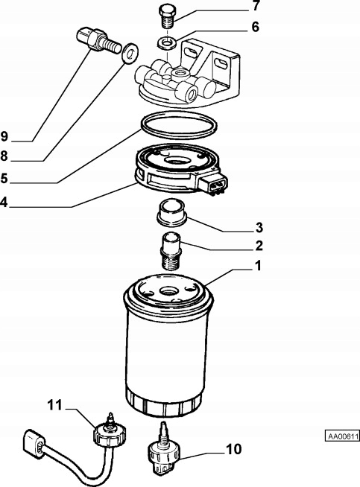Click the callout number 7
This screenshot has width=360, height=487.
[x=256, y=6]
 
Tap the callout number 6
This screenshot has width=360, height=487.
[x=255, y=27]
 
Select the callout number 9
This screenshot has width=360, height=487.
[x=4, y=136]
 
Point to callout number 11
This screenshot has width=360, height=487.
[x=55, y=405]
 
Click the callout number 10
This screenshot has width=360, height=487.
[x=234, y=449]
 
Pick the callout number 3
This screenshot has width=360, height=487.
[x=259, y=228]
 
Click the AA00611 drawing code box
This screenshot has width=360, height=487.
[x=342, y=436]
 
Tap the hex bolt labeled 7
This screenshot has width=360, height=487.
[x=168, y=16]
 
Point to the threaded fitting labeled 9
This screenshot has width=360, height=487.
[x=98, y=40]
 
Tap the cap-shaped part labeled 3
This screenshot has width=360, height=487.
[x=171, y=212]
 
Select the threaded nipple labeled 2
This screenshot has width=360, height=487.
[x=171, y=251]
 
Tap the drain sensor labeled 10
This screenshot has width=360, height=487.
[x=163, y=448]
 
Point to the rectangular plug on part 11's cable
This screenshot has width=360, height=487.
[x=34, y=444]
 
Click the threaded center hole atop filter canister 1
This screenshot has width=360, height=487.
[x=168, y=291]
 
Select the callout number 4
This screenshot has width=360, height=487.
[x=4, y=203]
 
